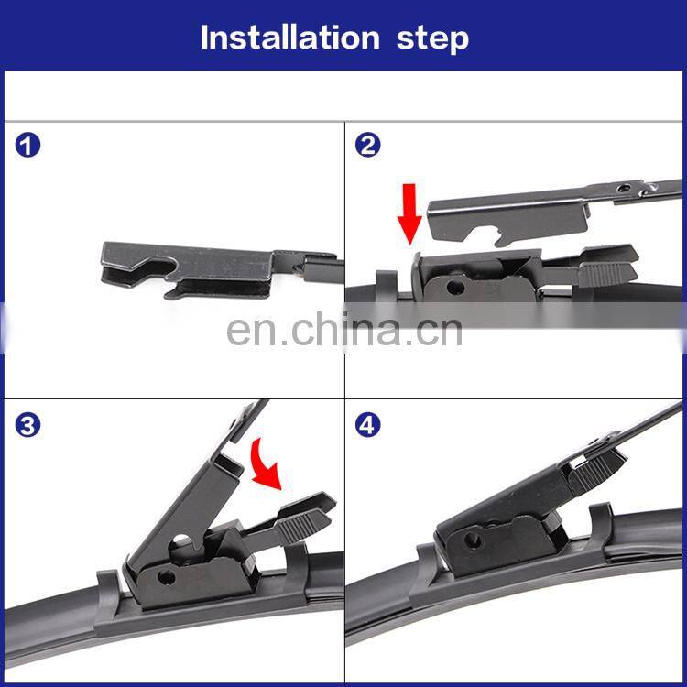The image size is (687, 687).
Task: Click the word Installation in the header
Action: tap(289, 38)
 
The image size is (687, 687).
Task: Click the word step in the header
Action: tap(432, 39)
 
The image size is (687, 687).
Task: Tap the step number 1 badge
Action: tap(27, 146)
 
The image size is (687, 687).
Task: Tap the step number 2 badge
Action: tap(367, 146)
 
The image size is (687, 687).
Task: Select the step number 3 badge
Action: tap(27, 425)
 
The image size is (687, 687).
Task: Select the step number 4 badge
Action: tap(367, 425)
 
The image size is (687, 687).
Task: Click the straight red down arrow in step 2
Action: tap(409, 213)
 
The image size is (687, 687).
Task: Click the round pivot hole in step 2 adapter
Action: tap(455, 288)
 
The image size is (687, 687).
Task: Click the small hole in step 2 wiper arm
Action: tap(623, 190)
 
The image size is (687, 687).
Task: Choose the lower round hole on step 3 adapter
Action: tap(166, 577)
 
